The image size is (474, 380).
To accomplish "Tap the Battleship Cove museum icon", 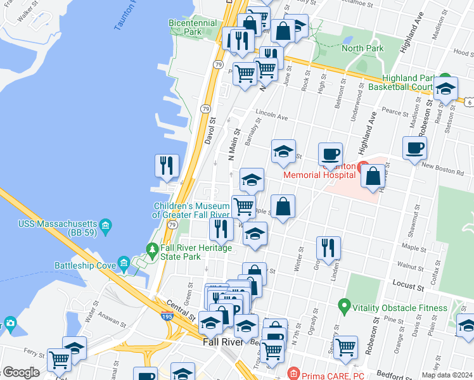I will [x=124, y=263].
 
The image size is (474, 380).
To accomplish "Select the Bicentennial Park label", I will [x=193, y=27].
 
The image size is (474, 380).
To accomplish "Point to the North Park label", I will [x=362, y=48].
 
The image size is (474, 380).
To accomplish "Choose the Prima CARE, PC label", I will [x=333, y=375].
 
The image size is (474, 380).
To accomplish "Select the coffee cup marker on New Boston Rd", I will [x=414, y=148].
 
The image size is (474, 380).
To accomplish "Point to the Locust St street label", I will [x=407, y=287].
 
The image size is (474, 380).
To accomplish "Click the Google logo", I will [x=20, y=372].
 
